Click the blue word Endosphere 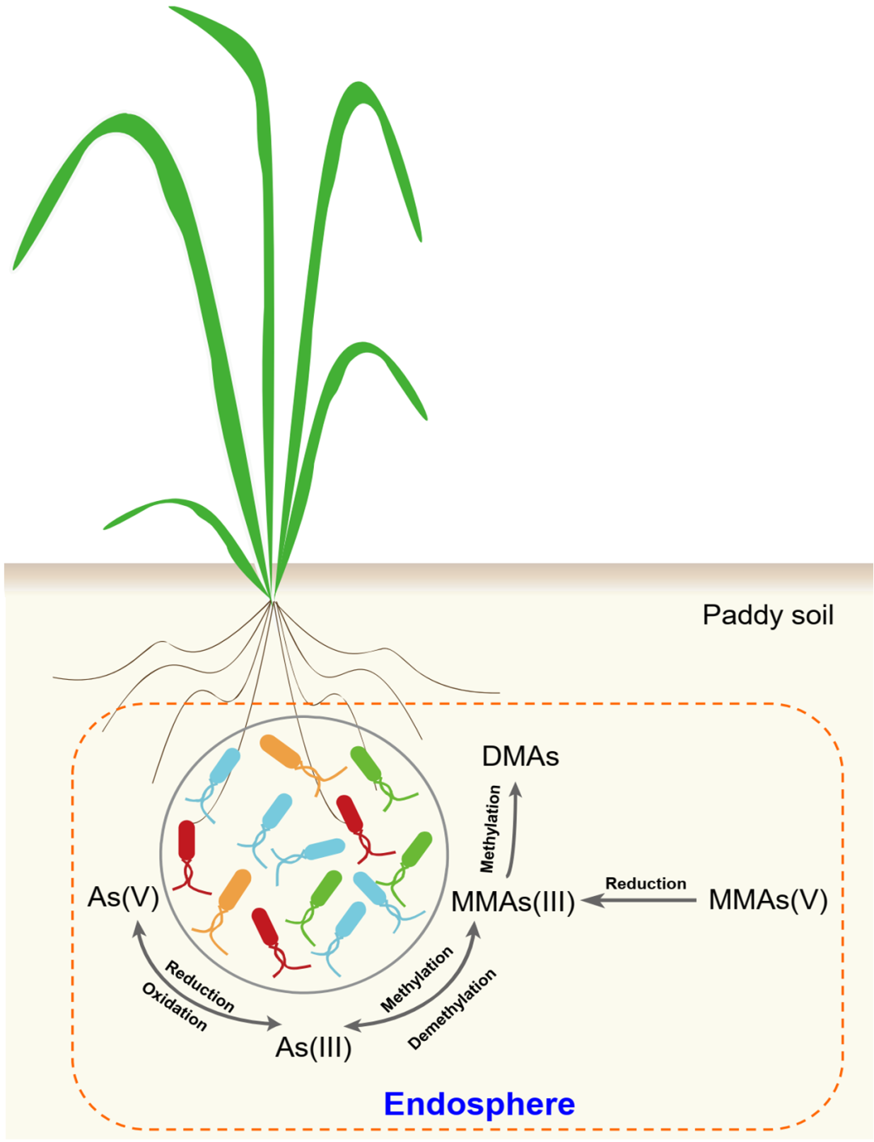click(x=479, y=1104)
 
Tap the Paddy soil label click(x=767, y=615)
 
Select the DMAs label click(x=520, y=757)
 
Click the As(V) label click(x=123, y=897)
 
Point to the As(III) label click(x=313, y=1047)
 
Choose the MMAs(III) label click(x=513, y=902)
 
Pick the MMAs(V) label click(x=768, y=900)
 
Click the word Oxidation click(x=174, y=1007)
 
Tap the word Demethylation click(x=452, y=1009)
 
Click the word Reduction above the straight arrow click(x=645, y=884)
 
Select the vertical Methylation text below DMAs click(x=490, y=829)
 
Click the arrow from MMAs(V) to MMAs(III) click(x=639, y=900)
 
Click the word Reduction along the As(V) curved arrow click(x=200, y=986)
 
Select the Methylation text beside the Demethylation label click(x=417, y=980)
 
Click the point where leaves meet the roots click(x=272, y=599)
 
